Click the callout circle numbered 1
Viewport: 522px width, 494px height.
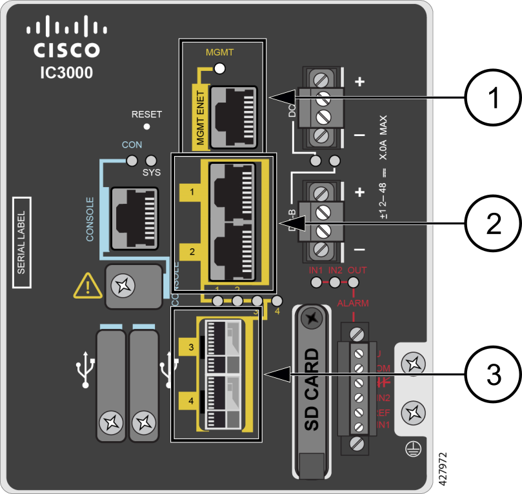493,98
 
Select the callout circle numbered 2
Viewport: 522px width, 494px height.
493,223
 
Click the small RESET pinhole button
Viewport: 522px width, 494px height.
146,127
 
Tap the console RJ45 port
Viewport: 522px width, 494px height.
134,218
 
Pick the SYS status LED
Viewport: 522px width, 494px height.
152,160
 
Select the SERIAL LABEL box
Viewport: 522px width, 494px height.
21,242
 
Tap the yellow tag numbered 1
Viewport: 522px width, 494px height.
191,192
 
